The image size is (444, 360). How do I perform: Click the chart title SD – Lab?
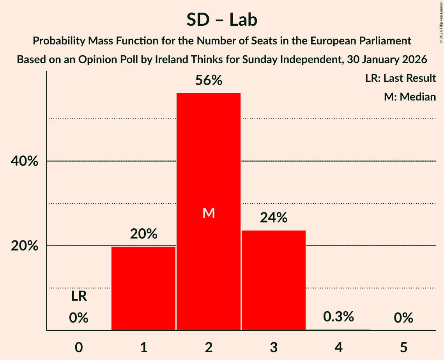(222, 19)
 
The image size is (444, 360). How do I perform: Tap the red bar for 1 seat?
(143, 288)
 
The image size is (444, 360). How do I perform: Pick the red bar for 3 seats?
(274, 281)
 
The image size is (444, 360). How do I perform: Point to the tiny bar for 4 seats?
(338, 330)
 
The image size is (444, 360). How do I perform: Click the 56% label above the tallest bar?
(209, 80)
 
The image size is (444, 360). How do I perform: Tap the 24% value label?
(274, 218)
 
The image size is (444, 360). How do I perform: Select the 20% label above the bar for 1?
(143, 234)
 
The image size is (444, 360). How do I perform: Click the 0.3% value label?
(338, 317)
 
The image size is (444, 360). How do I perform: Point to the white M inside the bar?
(209, 213)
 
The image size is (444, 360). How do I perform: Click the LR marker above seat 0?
(79, 296)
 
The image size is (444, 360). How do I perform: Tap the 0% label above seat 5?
(403, 318)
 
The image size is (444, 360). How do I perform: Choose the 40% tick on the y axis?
(24, 161)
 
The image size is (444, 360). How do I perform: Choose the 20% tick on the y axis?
(24, 246)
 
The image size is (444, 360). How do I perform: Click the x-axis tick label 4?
(338, 347)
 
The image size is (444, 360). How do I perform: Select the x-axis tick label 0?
(79, 347)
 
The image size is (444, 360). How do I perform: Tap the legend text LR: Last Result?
(400, 78)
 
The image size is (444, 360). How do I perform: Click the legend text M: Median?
(410, 97)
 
